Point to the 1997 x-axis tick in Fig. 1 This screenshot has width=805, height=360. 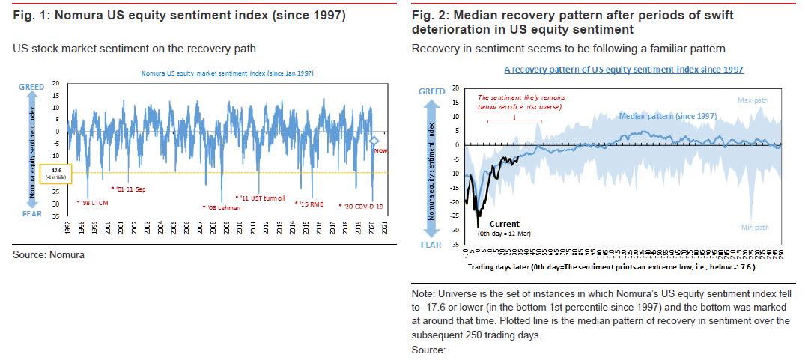coord(67,229)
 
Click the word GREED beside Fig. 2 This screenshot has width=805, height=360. coord(432,91)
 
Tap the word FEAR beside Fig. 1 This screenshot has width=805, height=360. coord(32,213)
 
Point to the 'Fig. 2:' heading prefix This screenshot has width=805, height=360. coord(427,14)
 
